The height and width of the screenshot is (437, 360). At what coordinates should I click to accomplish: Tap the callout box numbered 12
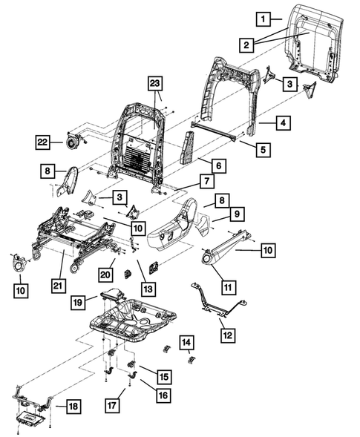[x=227, y=335]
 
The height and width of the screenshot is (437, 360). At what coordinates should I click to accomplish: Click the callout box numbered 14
[x=188, y=342]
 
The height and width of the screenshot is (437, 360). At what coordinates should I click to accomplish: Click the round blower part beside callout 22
[x=73, y=140]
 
